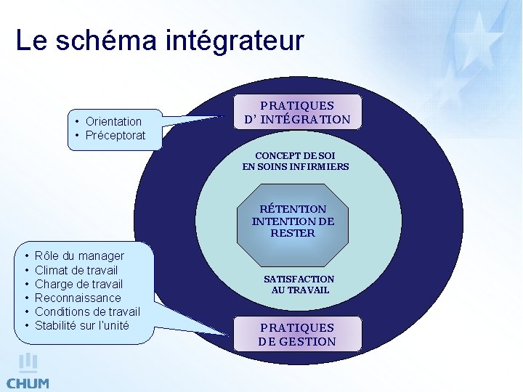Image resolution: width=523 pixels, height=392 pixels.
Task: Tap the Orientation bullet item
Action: (113, 121)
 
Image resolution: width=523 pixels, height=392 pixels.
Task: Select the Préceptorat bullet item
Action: (115, 136)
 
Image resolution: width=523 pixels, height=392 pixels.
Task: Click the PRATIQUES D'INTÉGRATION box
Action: (296, 113)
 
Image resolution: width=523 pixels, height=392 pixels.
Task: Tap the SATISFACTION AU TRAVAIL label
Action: (299, 284)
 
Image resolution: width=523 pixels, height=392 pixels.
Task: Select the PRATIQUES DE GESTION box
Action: (297, 335)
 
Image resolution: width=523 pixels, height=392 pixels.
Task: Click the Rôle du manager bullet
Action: (79, 256)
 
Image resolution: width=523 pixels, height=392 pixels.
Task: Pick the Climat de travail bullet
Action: (76, 270)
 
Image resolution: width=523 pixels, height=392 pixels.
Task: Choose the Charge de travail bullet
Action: (78, 284)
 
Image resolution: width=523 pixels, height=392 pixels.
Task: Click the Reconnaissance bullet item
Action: (78, 298)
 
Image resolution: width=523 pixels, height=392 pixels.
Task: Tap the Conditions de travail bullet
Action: (87, 311)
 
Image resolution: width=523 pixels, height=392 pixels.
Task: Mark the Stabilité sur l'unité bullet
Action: (81, 325)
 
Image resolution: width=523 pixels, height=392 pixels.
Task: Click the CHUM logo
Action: (28, 372)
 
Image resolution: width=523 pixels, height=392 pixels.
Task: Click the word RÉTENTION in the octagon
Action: (293, 209)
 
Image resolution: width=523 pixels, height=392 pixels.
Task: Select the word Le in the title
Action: (30, 41)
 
